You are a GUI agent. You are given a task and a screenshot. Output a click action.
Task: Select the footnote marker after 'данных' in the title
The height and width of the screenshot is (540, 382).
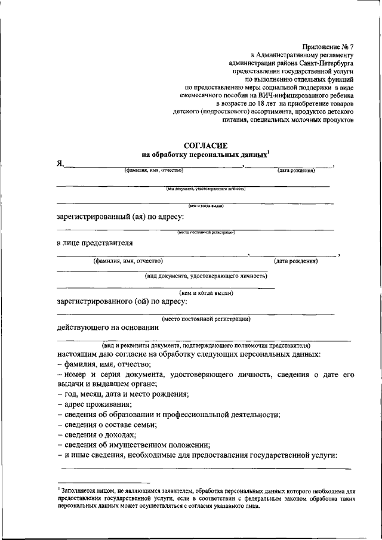coord(269,151)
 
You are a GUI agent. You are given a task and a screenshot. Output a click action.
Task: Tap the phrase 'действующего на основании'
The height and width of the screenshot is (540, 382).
coord(107,327)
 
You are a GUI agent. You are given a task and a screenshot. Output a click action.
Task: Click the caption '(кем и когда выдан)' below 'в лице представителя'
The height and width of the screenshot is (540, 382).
coord(206,292)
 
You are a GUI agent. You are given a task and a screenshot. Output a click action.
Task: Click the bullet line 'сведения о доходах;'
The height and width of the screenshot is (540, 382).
coord(97,434)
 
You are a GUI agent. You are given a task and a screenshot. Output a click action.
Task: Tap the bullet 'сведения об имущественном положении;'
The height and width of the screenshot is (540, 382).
coord(134,445)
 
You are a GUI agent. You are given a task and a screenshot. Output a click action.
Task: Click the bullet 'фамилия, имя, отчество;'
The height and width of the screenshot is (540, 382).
coord(105,363)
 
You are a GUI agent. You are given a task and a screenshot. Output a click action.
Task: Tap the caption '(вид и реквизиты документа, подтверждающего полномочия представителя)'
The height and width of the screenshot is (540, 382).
coord(205,345)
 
